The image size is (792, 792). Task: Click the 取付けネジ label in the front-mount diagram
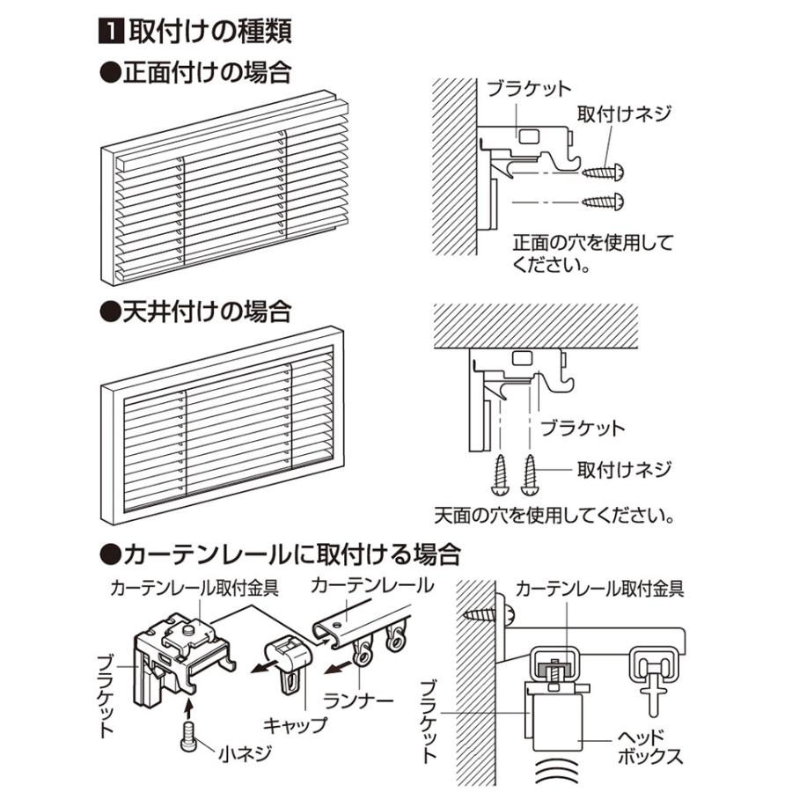(624, 114)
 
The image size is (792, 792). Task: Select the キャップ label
(296, 726)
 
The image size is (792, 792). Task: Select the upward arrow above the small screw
(190, 705)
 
